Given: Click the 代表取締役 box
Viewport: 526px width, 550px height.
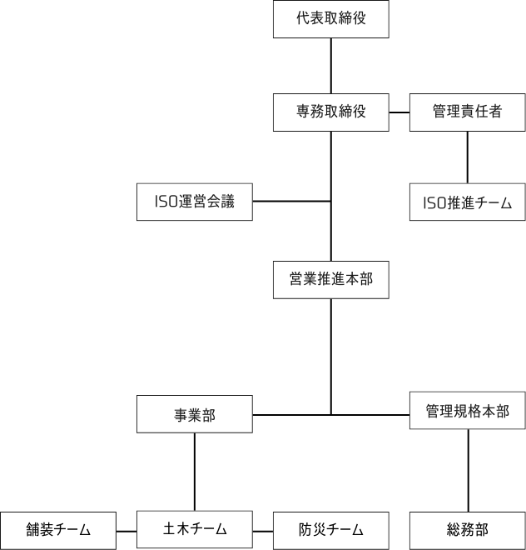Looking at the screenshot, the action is point(331,19).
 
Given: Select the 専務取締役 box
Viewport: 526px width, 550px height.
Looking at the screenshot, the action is point(331,112).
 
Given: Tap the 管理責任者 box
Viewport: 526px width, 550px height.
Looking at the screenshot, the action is point(468,112).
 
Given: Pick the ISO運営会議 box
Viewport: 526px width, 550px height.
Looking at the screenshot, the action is point(195,202).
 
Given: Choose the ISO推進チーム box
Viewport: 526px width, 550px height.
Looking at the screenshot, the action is point(468,202).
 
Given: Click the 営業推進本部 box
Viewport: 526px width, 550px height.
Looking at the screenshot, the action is point(331,279).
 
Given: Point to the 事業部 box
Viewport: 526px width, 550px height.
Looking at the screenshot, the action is point(195,414).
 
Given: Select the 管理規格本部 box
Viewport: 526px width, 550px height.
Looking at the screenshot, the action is point(468,410).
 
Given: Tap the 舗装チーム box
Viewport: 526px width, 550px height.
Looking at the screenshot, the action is point(58,531).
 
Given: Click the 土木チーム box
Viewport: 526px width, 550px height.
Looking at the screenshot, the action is point(195,529).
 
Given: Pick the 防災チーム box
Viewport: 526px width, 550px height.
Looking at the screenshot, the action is point(331,531).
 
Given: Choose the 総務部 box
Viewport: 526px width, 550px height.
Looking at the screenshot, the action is point(468,531).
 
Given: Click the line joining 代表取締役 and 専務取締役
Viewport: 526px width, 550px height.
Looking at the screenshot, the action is point(331,66).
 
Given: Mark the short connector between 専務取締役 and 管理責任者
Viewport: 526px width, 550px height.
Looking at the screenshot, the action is point(399,112).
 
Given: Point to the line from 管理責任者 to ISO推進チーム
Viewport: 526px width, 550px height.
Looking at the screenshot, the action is point(468,157).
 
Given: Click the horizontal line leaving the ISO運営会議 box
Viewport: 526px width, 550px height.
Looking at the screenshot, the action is point(292,202).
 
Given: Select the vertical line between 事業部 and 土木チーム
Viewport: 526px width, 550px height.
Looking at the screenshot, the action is point(195,472).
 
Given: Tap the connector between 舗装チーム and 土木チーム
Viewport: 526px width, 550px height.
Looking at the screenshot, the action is point(127,532).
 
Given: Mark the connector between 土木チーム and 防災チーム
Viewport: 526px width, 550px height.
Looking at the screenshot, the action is point(263,532).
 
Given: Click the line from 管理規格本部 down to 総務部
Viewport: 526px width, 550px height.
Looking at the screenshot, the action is point(469,471).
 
